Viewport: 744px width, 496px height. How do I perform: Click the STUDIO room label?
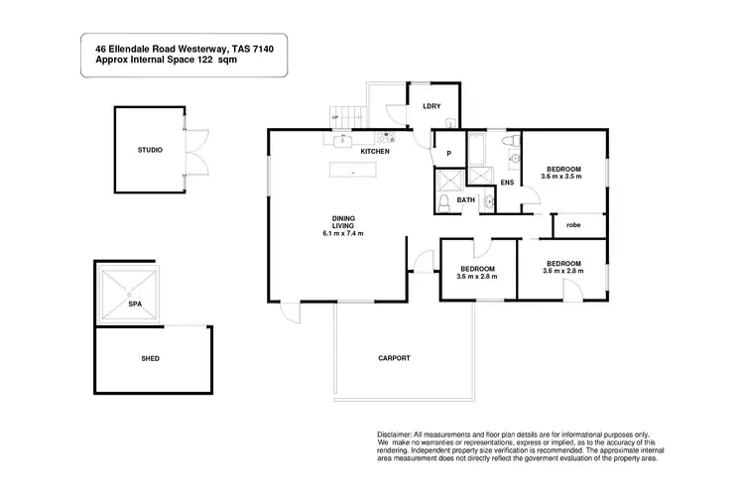point(150,150)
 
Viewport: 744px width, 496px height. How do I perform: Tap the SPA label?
point(132,305)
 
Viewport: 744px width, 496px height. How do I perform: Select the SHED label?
point(150,358)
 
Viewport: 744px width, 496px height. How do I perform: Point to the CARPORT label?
point(394,357)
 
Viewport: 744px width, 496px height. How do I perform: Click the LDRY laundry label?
point(432,106)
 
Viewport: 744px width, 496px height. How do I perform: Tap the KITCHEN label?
point(374,151)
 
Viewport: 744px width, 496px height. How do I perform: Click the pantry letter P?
point(448,154)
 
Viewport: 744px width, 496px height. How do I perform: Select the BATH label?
point(466,200)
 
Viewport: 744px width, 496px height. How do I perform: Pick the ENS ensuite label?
point(507,184)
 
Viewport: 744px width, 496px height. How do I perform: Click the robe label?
point(573,225)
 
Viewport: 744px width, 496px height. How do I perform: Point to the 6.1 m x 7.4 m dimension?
point(343,234)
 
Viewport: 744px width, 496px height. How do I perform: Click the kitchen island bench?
point(354,171)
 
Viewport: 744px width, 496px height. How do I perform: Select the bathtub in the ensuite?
point(478,148)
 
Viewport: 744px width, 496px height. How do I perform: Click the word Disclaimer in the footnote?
point(401,434)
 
